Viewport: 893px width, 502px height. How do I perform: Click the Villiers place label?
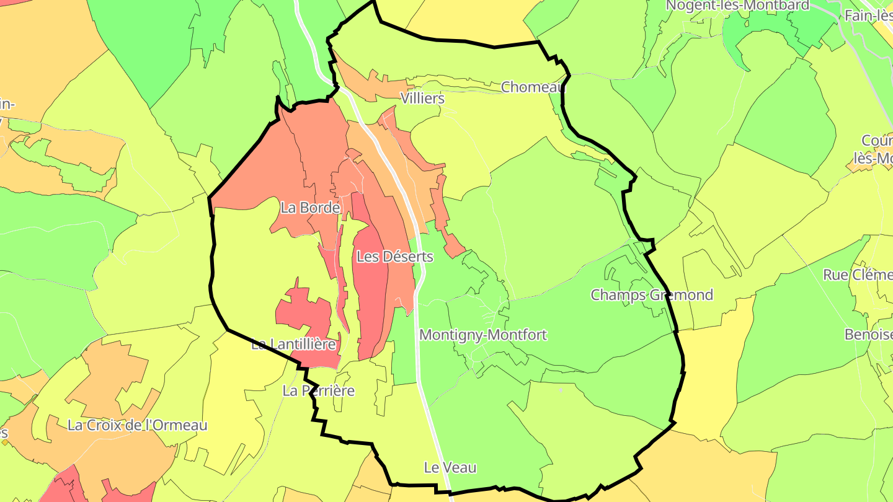422,99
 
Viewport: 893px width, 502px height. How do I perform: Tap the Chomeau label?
533,87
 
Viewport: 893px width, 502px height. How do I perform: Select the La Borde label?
310,208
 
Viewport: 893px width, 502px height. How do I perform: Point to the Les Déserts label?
394,256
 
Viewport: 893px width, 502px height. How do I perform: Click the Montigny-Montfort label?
483,335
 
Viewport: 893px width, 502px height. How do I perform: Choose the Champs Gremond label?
651,295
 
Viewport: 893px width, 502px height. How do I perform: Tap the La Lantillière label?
293,345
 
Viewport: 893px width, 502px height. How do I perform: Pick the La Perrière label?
318,391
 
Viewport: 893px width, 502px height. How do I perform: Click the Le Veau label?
450,468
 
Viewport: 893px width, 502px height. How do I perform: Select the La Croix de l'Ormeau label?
137,426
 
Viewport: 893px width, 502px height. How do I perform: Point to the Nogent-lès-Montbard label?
737,6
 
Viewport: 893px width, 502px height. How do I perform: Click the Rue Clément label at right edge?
858,275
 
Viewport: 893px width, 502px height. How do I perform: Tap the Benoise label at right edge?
868,335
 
